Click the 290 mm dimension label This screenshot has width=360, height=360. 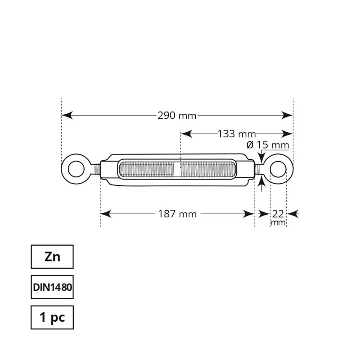click(x=177, y=115)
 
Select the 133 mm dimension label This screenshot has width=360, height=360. click(x=236, y=134)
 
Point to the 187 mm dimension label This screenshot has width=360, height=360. click(x=177, y=214)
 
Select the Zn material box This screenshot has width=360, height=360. click(x=52, y=257)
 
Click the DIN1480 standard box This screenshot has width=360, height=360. click(x=52, y=287)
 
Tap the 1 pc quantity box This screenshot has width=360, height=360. click(x=52, y=318)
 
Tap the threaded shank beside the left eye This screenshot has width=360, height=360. click(x=95, y=169)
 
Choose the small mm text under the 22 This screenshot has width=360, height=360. click(x=278, y=223)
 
